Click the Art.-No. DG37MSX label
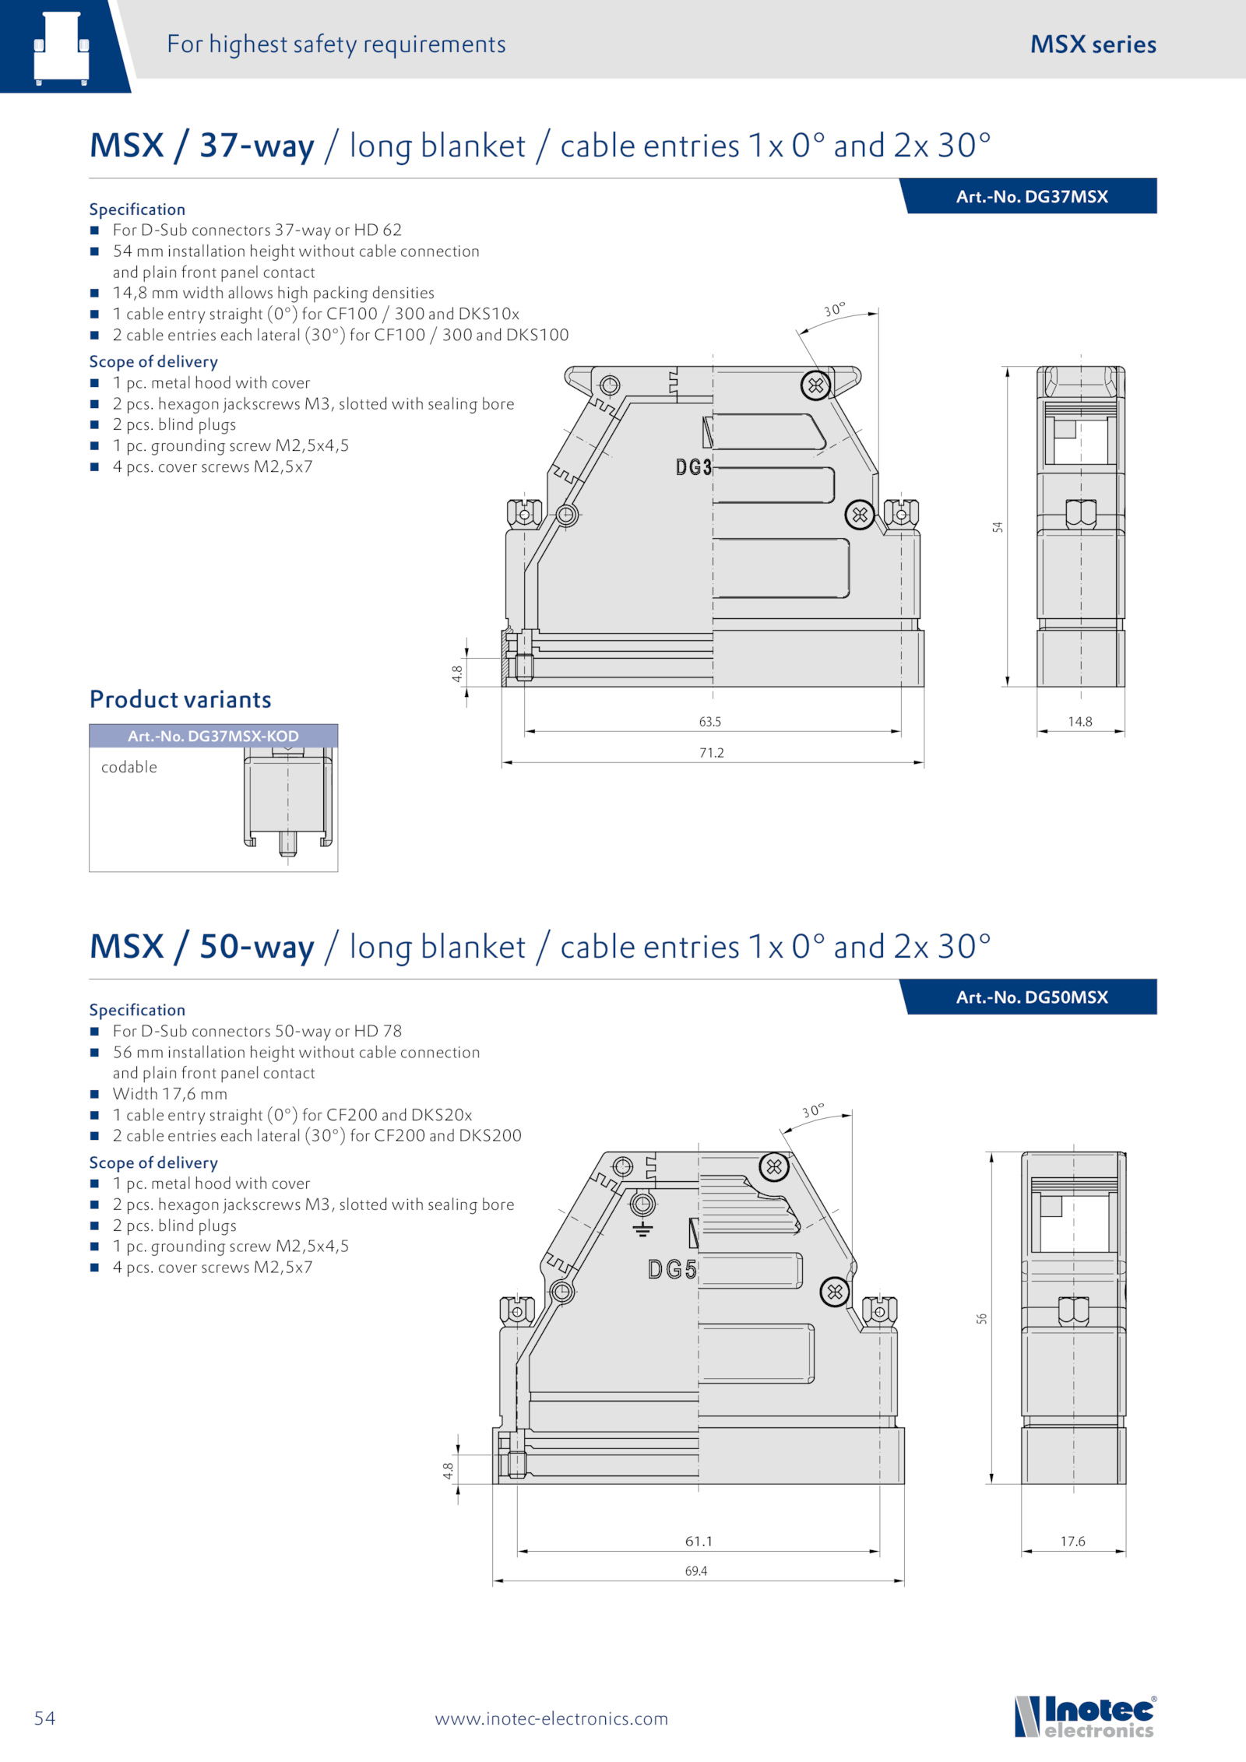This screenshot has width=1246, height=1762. click(1032, 196)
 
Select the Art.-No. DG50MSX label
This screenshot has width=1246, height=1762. click(1032, 997)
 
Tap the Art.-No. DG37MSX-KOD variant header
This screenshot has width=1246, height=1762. click(213, 736)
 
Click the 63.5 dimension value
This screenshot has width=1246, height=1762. click(710, 722)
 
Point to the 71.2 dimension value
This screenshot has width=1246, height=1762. click(712, 753)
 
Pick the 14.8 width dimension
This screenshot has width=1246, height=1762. click(1080, 722)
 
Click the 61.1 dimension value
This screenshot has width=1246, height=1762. click(699, 1542)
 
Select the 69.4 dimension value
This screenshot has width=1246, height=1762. click(696, 1571)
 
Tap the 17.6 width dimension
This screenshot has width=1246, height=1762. click(1073, 1542)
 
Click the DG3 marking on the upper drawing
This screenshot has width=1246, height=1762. click(693, 467)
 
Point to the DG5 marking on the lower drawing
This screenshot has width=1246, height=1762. click(672, 1270)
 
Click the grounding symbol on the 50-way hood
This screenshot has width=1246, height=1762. click(642, 1229)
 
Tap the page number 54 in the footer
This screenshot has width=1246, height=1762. click(44, 1718)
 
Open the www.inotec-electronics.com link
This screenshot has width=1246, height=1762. click(551, 1718)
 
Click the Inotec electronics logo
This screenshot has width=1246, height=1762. click(1085, 1716)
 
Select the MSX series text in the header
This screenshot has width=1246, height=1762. click(1093, 44)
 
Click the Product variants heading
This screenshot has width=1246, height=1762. click(181, 699)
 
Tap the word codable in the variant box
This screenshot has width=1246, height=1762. click(129, 767)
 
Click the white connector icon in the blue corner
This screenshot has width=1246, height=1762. click(62, 48)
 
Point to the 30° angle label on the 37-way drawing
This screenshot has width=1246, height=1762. click(834, 310)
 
